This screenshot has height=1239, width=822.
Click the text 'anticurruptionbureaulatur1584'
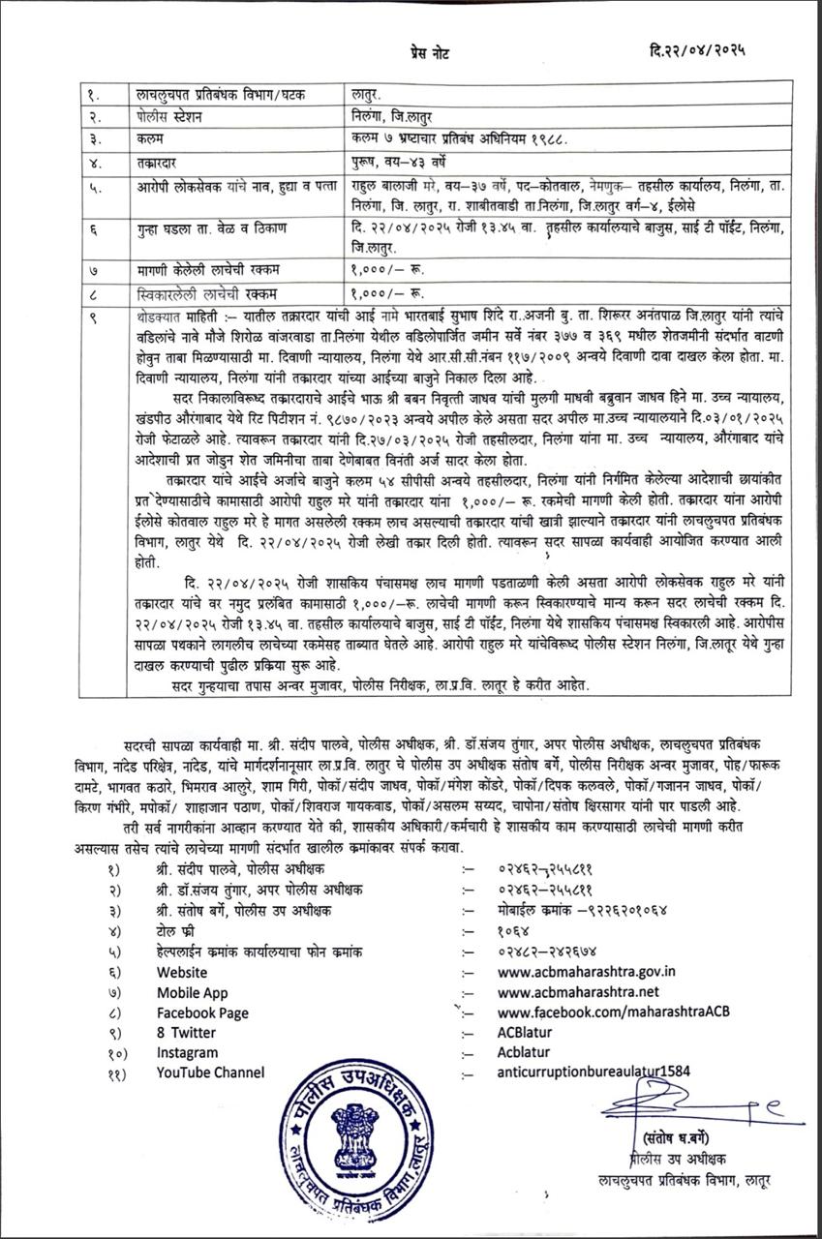(595, 1072)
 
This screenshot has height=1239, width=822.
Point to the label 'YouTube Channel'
(210, 1072)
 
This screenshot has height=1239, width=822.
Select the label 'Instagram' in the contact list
(188, 1052)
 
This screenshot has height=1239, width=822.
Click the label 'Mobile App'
(193, 992)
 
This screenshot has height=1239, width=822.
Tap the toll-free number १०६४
(514, 931)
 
